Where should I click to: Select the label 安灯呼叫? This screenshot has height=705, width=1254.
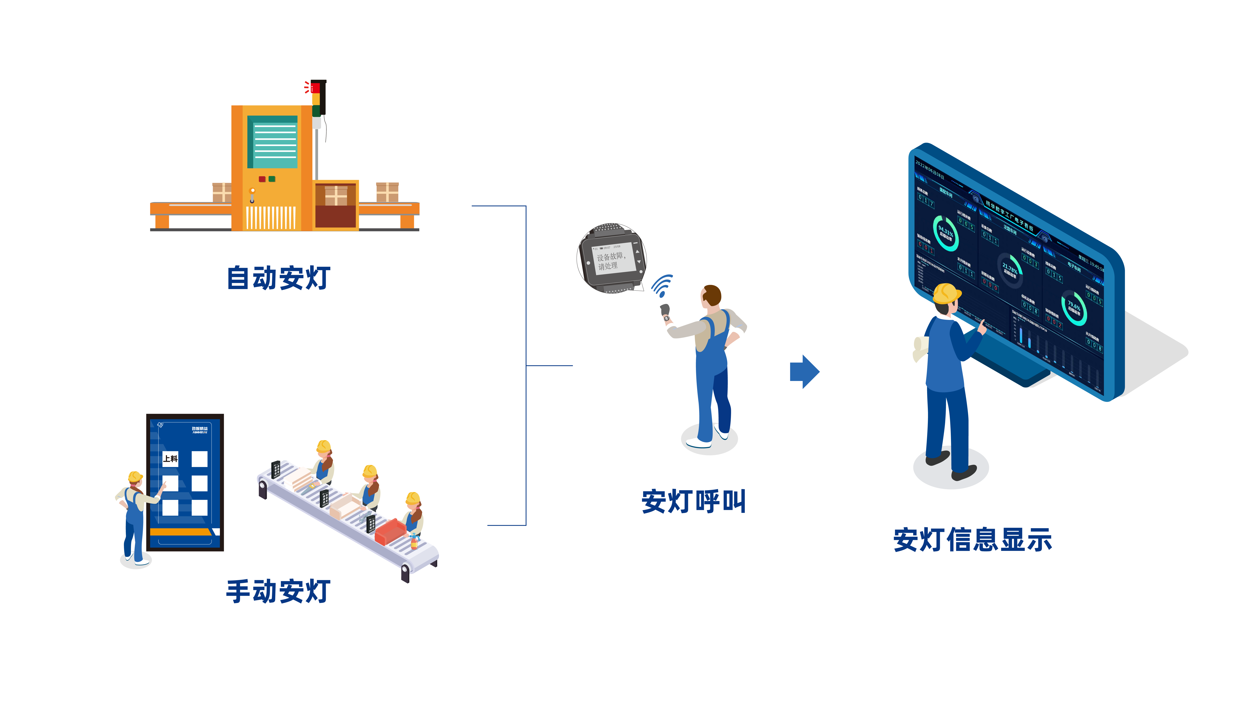(693, 502)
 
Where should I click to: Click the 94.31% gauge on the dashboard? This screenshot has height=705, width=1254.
(945, 234)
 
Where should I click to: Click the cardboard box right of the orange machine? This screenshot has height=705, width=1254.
(387, 192)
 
